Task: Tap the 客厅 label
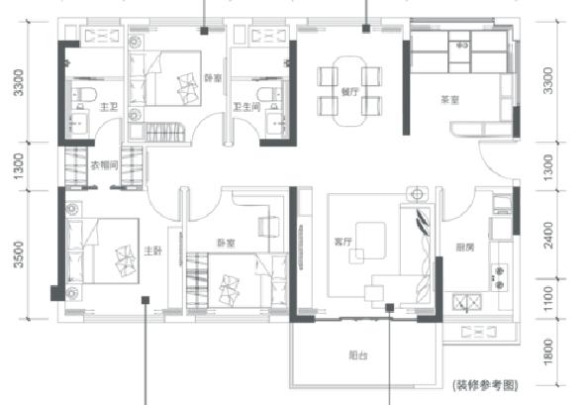344,239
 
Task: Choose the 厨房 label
464,247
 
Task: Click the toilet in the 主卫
85,95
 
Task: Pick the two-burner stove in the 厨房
499,270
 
